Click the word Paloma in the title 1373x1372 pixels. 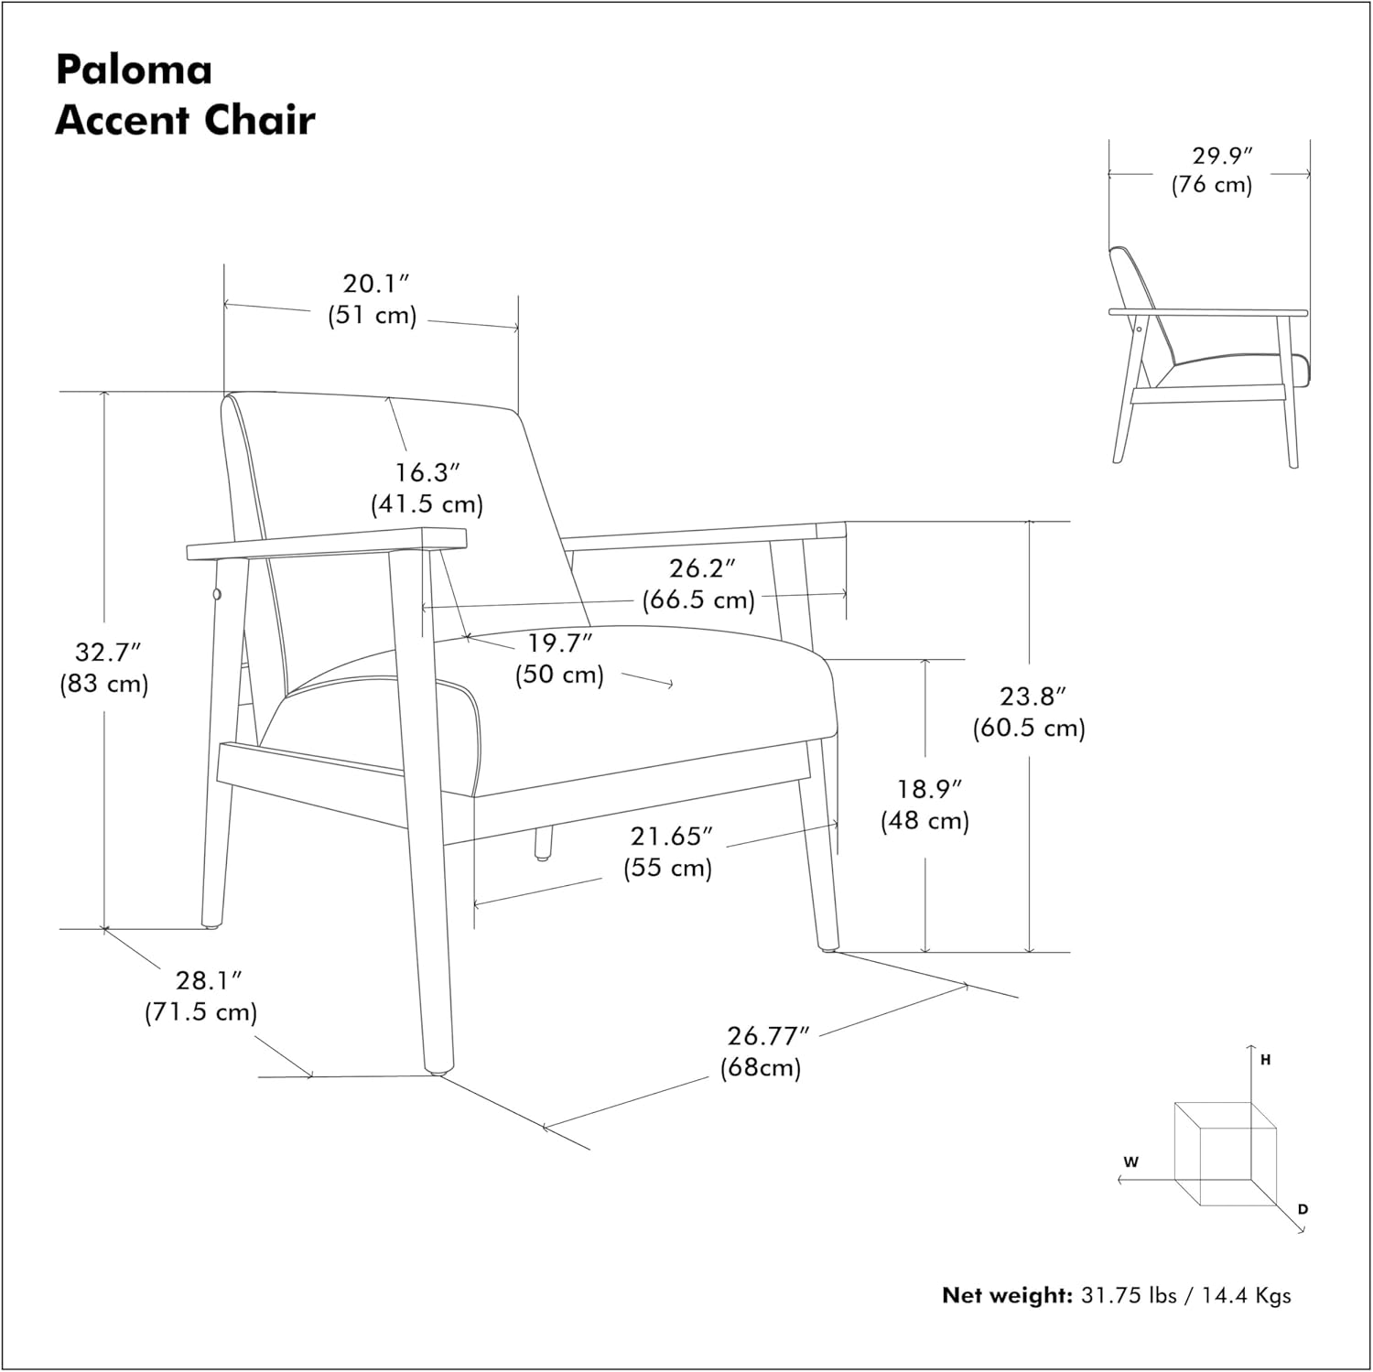tap(134, 70)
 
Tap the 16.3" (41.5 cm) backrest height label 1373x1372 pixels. tap(427, 489)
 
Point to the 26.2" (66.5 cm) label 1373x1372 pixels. tap(698, 584)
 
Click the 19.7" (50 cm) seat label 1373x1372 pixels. tap(559, 659)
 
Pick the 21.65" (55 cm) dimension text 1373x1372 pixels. tap(669, 851)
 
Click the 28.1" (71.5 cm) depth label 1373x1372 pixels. tap(201, 997)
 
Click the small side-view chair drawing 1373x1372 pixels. tap(1208, 357)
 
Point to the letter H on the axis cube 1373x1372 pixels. tap(1265, 1060)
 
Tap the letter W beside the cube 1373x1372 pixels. tap(1131, 1162)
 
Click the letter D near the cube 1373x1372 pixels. tap(1303, 1209)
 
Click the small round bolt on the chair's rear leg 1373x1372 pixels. tap(218, 596)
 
